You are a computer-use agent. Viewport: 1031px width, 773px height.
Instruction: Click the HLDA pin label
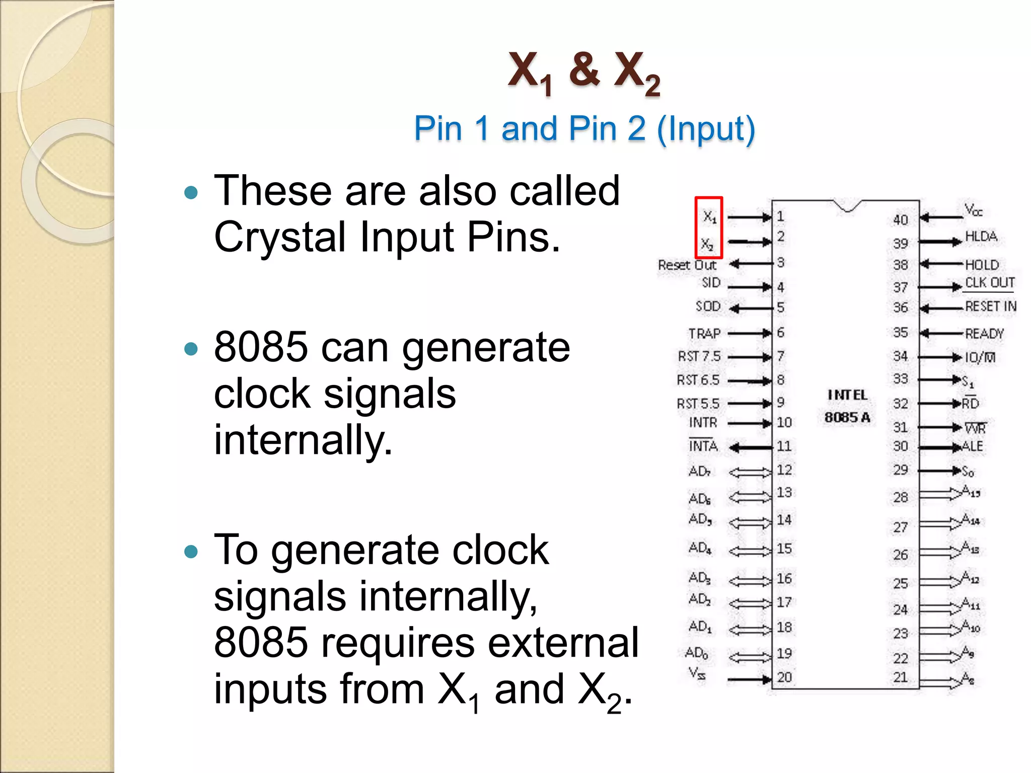pyautogui.click(x=981, y=237)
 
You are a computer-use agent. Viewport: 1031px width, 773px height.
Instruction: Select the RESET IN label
pyautogui.click(x=990, y=306)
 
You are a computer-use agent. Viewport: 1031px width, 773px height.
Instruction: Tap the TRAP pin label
pyautogui.click(x=704, y=334)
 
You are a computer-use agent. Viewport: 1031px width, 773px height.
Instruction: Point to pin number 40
pyautogui.click(x=901, y=220)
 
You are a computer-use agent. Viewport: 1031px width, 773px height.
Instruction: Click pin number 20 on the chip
pyautogui.click(x=784, y=677)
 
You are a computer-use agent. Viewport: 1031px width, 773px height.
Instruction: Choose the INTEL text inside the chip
pyautogui.click(x=848, y=395)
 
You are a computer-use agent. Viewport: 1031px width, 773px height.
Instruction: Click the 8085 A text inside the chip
pyautogui.click(x=847, y=417)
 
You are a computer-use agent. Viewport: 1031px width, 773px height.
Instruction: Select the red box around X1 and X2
pyautogui.click(x=709, y=227)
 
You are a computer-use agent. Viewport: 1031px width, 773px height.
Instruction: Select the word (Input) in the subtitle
pyautogui.click(x=706, y=129)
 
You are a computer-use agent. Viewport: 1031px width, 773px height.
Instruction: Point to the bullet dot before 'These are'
pyautogui.click(x=191, y=192)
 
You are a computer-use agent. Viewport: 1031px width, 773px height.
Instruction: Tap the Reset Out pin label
pyautogui.click(x=687, y=265)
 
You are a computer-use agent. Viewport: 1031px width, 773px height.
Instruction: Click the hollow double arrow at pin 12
pyautogui.click(x=750, y=472)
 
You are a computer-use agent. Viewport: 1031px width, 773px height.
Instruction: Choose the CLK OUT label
pyautogui.click(x=989, y=283)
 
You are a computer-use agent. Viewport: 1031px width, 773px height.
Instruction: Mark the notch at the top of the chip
pyautogui.click(x=847, y=206)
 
